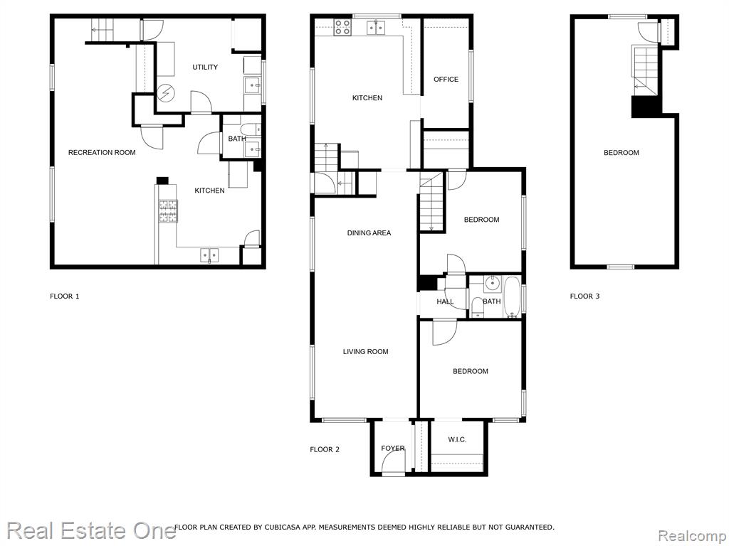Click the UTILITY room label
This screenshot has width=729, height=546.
pyautogui.click(x=205, y=68)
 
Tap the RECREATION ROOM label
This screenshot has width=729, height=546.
pyautogui.click(x=102, y=152)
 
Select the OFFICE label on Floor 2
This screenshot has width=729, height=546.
pyautogui.click(x=446, y=80)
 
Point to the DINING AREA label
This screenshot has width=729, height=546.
pyautogui.click(x=369, y=233)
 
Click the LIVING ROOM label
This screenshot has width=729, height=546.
pyautogui.click(x=365, y=351)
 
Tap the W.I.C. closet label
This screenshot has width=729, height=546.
pyautogui.click(x=457, y=439)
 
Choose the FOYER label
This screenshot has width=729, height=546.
pyautogui.click(x=393, y=448)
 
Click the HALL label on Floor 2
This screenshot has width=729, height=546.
pyautogui.click(x=445, y=301)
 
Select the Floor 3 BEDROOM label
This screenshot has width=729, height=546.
pyautogui.click(x=621, y=152)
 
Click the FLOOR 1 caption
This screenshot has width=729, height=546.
pyautogui.click(x=65, y=296)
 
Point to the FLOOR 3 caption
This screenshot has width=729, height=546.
pyautogui.click(x=585, y=296)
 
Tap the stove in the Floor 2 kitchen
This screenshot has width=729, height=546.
pyautogui.click(x=343, y=28)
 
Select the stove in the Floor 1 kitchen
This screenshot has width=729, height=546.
pyautogui.click(x=168, y=211)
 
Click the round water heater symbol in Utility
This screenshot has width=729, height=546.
pyautogui.click(x=164, y=94)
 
